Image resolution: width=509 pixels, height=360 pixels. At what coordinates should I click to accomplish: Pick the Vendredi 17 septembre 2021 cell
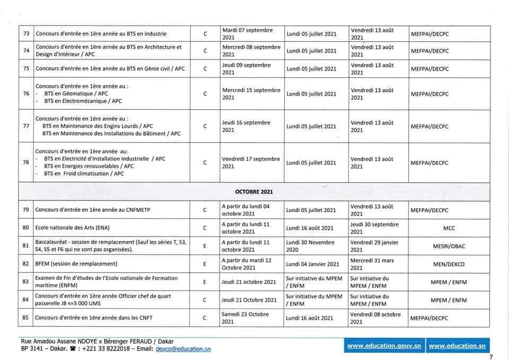pos(251,163)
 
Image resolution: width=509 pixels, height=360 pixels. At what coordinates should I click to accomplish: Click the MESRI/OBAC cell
pos(449,246)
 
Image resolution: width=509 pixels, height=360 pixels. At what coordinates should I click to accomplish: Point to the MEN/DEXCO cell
pos(449,264)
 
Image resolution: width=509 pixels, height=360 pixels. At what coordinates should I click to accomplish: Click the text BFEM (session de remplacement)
pos(76,264)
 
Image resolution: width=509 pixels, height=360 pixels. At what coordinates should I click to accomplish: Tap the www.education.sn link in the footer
pos(457,346)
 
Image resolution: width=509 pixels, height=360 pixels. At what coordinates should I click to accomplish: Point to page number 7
pos(491,356)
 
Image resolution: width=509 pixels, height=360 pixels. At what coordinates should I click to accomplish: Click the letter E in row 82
pos(205,264)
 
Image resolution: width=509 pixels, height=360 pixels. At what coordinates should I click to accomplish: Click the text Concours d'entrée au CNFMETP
pos(93,210)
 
